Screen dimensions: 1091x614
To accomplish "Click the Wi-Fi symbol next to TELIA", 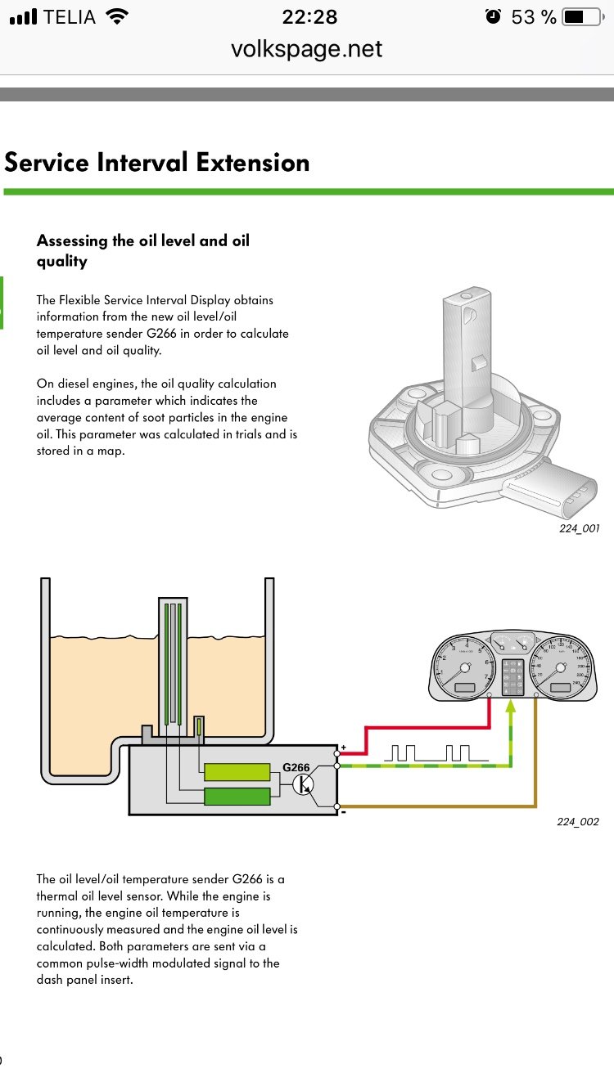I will pos(118,17).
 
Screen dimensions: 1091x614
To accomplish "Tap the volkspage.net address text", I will pos(307,49).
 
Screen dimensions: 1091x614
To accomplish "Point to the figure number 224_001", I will pos(578,528).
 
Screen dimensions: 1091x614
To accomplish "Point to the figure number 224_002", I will pos(578,821).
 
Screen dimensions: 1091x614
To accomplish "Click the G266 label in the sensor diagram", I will pos(296,768).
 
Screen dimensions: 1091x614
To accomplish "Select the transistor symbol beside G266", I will pos(304,785).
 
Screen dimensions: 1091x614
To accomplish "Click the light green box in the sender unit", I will pos(237,772).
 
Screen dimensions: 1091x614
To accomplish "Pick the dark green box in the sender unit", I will pos(237,795).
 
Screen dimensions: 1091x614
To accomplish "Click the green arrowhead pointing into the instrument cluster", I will pos(512,707).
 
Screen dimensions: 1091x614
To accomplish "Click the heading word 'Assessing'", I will pos(72,240).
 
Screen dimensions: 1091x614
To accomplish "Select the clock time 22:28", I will pos(309,17).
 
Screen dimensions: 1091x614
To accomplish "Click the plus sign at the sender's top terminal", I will pos(343,748).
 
